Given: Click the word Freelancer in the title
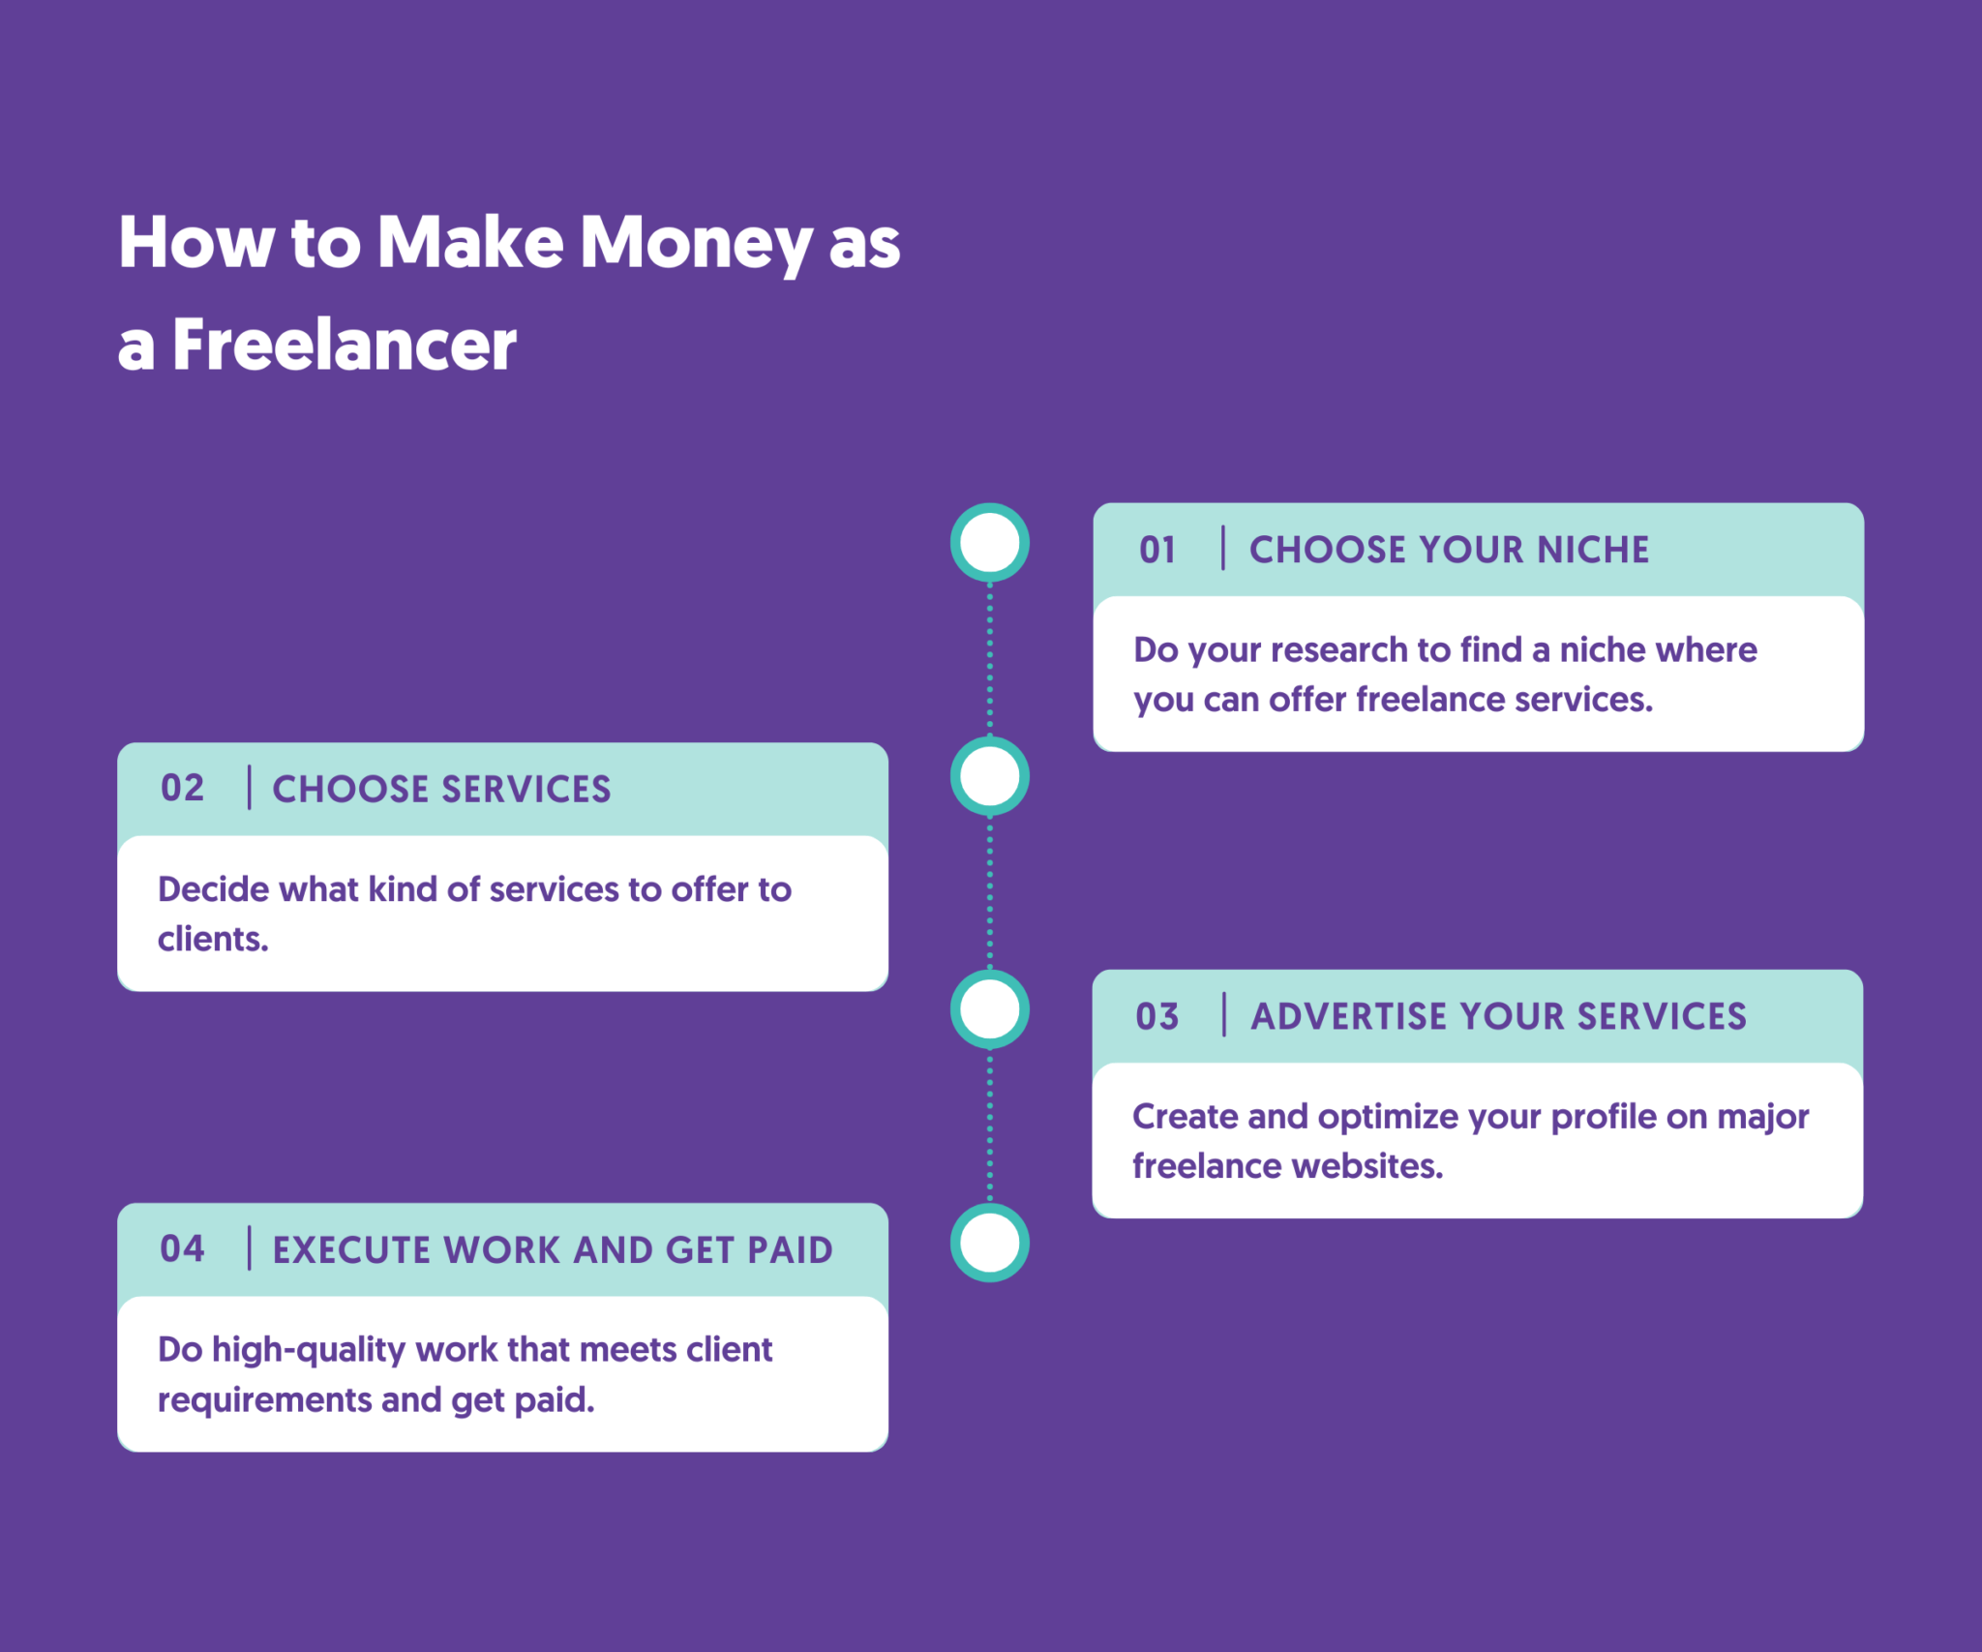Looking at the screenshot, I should point(344,345).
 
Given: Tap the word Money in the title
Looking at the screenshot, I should point(695,242).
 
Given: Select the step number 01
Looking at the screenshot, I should point(1157,550).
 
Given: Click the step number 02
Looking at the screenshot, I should point(182,789).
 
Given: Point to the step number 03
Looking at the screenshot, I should point(1157,1016).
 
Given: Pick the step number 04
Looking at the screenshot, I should point(182,1249).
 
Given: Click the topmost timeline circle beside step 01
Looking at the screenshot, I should point(989,543).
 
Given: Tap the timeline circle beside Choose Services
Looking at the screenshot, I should point(989,776).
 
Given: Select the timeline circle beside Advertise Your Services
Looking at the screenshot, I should point(989,1009).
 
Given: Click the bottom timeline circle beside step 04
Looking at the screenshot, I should point(989,1243).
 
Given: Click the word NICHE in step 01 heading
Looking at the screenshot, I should point(1593,550).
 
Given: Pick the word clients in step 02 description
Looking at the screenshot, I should point(212,940).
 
